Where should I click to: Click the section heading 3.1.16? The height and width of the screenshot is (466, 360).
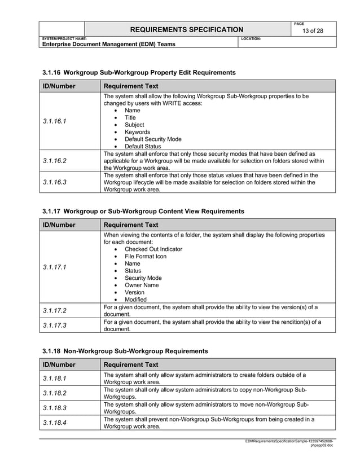coord(139,73)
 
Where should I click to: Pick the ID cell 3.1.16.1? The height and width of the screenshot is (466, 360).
coord(55,121)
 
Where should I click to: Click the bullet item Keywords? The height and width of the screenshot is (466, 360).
coord(137,132)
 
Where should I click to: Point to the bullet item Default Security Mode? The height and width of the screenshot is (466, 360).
coord(153,139)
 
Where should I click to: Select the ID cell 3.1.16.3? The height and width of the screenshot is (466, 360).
coord(55,183)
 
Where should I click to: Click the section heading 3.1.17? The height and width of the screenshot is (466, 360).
coord(143,212)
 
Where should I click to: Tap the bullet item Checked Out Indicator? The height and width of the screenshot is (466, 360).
coord(153,249)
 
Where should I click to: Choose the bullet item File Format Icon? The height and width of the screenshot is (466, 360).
coord(145,256)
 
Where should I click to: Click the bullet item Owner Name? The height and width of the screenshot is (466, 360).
coord(142,285)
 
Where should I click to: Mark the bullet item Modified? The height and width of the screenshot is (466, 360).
coord(135,300)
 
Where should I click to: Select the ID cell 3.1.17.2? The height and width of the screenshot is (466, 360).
coord(55,310)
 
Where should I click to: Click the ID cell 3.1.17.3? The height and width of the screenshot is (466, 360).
coord(55,325)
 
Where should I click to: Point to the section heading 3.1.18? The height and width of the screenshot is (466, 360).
coord(125,351)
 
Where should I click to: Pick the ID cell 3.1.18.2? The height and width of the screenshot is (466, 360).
coord(55,393)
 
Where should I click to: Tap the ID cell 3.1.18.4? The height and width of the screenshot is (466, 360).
coord(55,423)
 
